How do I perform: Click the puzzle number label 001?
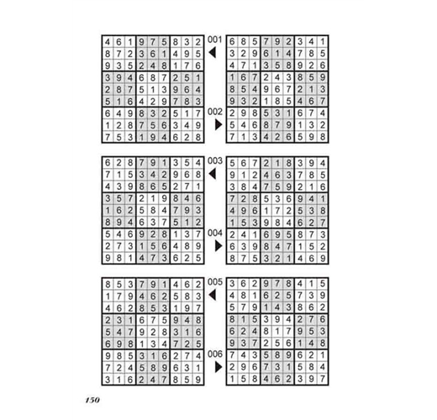pos(215,39)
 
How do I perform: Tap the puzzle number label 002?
pos(215,112)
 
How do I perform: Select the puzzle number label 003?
pos(215,161)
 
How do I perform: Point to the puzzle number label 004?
pos(215,233)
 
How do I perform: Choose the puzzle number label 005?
pos(215,282)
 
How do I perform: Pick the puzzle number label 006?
pos(215,354)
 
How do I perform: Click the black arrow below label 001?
pos(213,52)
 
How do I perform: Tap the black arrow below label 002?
pos(218,124)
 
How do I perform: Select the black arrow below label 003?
pos(213,174)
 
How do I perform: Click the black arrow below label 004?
pos(218,246)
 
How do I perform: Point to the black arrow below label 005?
pos(213,295)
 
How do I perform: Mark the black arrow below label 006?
pos(218,367)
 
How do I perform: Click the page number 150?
pos(92,400)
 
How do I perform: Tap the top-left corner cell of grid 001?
pos(108,42)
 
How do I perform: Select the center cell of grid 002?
pos(277,89)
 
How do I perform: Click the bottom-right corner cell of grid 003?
pos(198,258)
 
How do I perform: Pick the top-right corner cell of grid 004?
pos(323,163)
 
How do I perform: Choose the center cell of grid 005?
pos(153,332)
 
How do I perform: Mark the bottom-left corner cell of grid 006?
pos(232,379)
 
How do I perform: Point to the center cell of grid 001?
pos(153,89)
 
